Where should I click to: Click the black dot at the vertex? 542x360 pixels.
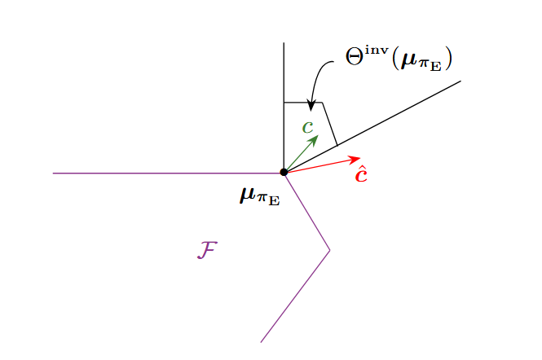coord(284,172)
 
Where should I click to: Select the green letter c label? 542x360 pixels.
coord(307,127)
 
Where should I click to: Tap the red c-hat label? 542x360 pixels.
coord(362,173)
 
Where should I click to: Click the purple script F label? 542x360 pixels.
coord(207,250)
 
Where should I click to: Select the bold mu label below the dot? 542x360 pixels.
coord(260,196)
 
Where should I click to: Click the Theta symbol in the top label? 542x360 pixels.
coord(355,57)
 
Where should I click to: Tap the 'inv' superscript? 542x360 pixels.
coord(377,50)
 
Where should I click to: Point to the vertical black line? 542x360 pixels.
coord(284,107)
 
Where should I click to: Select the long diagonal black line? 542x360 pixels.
coord(372,126)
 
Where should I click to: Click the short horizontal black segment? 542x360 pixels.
coord(303,103)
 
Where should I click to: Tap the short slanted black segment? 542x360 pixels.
coord(330,124)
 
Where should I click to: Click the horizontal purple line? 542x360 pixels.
coord(169,173)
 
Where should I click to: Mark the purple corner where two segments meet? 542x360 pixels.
coord(330,250)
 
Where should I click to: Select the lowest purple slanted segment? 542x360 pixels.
coord(295,296)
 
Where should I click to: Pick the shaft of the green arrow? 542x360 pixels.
coord(299,155)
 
